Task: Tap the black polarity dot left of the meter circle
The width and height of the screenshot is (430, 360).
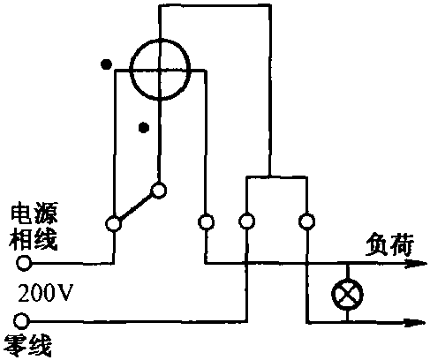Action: pyautogui.click(x=106, y=64)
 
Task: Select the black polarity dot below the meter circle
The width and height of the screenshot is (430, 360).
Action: pyautogui.click(x=144, y=127)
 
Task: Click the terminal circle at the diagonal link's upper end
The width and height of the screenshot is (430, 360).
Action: pyautogui.click(x=159, y=191)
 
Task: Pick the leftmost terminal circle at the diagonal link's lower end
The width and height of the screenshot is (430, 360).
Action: pyautogui.click(x=113, y=224)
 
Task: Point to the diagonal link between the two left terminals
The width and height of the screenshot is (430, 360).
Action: pyautogui.click(x=136, y=207)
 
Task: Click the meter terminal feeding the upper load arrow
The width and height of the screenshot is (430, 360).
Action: pyautogui.click(x=206, y=221)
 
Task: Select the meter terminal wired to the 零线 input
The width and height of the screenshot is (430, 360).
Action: pyautogui.click(x=246, y=221)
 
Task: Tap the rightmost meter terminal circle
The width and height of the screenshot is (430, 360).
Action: pyautogui.click(x=306, y=221)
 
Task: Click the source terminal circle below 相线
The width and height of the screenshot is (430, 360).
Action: pyautogui.click(x=24, y=263)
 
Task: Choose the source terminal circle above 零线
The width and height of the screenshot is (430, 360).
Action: pyautogui.click(x=21, y=321)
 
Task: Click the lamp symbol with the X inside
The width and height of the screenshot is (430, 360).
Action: pyautogui.click(x=347, y=294)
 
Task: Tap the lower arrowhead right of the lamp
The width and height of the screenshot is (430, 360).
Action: pyautogui.click(x=414, y=323)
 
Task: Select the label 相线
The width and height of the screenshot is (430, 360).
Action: pyautogui.click(x=33, y=239)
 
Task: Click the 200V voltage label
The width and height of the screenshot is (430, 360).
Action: pyautogui.click(x=45, y=293)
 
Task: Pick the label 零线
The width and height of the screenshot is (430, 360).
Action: pyautogui.click(x=28, y=346)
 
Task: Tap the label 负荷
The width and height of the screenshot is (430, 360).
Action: pyautogui.click(x=389, y=245)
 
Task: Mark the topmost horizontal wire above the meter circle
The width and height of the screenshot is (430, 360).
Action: pyautogui.click(x=215, y=5)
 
